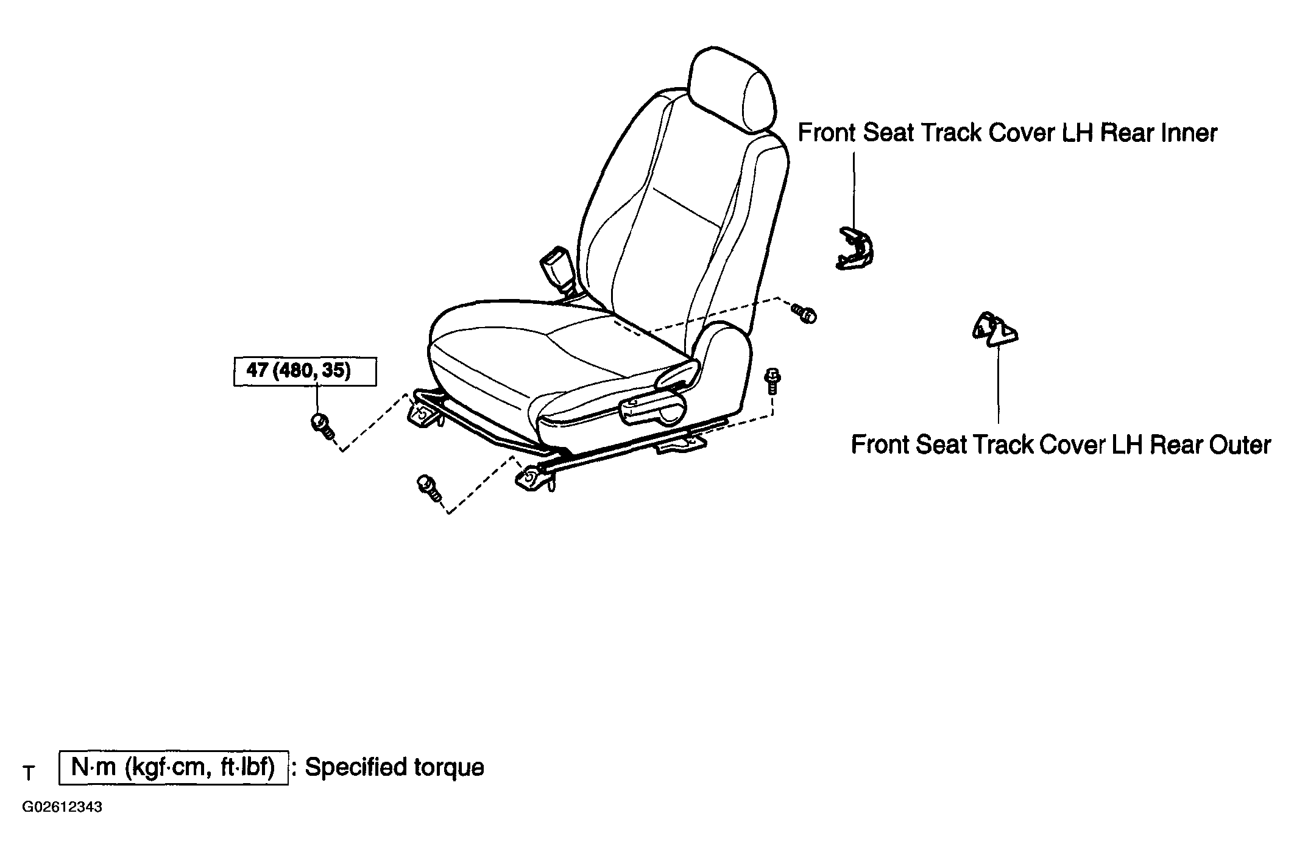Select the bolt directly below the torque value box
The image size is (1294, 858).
[322, 425]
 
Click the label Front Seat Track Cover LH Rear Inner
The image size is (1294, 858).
[1007, 133]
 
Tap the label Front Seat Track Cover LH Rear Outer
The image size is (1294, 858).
[1061, 445]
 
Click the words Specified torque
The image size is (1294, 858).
[394, 767]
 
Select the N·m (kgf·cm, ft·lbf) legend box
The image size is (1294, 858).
[174, 768]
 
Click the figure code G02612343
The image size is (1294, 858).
[62, 807]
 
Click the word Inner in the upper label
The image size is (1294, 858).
[1190, 133]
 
